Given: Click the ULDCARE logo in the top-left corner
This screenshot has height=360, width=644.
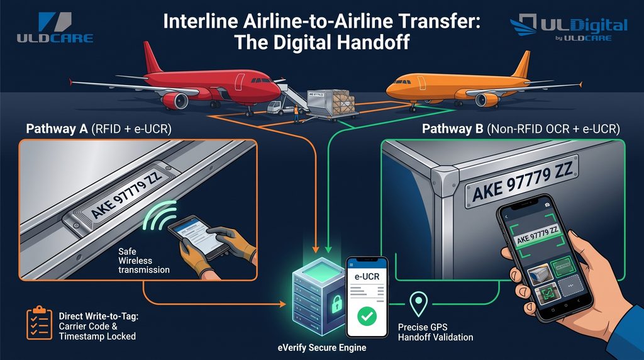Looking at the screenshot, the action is [55, 28].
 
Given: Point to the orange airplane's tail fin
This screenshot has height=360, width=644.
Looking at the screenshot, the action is [521, 65].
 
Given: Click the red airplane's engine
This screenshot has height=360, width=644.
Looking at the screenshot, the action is [175, 101].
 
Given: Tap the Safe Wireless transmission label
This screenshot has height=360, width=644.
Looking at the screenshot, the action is [144, 261].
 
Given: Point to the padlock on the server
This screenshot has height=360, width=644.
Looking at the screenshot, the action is [337, 304].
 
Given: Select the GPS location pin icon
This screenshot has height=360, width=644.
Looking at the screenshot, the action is [418, 304].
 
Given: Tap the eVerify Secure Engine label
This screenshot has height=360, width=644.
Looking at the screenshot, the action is [322, 347].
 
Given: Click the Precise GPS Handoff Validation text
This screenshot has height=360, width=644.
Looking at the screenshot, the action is [435, 332].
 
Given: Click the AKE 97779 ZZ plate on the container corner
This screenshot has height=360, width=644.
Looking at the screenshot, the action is [521, 181].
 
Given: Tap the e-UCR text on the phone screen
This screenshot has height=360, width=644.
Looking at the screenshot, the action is [367, 276].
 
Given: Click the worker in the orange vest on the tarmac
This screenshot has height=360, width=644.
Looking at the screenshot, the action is [296, 114].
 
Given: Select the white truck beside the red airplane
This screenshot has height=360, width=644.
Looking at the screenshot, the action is [281, 107].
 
